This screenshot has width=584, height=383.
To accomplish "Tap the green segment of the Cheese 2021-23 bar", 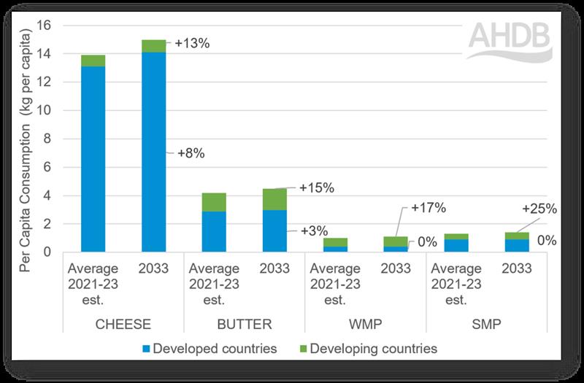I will tap(93, 61).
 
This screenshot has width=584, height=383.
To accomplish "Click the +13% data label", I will tap(192, 44).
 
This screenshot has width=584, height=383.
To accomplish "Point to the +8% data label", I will tap(191, 153).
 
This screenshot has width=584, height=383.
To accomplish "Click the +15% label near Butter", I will tap(316, 188).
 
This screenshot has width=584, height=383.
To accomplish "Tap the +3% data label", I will tap(315, 231).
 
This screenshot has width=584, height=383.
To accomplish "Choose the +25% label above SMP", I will tap(540, 209).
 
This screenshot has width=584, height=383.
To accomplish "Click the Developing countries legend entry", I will tap(369, 349).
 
